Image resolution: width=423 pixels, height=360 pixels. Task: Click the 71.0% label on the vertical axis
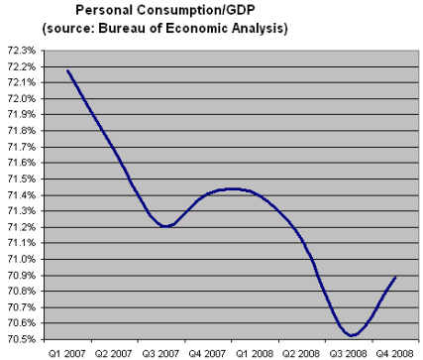coord(21,259)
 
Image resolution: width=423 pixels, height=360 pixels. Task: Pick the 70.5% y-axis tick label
coord(21,339)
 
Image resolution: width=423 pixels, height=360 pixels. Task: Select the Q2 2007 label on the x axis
coord(113,352)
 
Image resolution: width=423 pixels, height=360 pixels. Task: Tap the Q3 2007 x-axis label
coord(160,352)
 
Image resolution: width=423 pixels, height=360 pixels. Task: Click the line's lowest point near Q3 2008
coord(352,335)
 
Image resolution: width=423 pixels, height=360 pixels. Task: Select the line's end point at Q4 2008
coord(395,277)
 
